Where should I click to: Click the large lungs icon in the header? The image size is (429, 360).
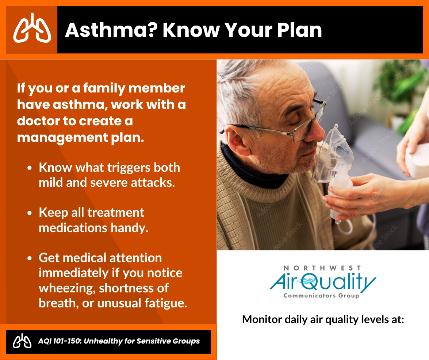pyautogui.click(x=32, y=28)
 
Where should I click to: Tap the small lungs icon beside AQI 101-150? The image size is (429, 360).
pyautogui.click(x=22, y=341)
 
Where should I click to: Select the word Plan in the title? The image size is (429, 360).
pyautogui.click(x=299, y=30)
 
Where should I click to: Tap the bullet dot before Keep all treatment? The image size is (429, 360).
pyautogui.click(x=30, y=213)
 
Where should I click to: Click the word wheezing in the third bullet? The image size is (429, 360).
pyautogui.click(x=67, y=288)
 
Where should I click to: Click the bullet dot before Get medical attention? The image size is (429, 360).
pyautogui.click(x=30, y=258)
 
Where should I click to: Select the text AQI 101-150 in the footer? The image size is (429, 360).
pyautogui.click(x=60, y=341)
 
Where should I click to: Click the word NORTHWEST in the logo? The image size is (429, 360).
pyautogui.click(x=322, y=268)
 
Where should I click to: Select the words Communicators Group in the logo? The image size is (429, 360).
pyautogui.click(x=321, y=296)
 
